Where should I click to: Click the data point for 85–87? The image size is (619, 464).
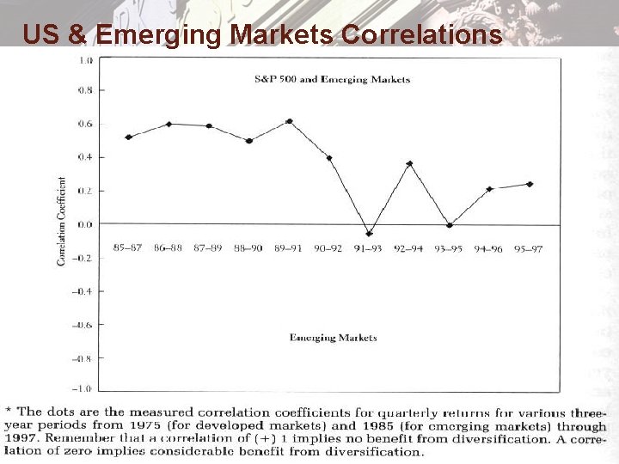[x=128, y=137]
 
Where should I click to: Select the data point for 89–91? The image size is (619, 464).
[x=289, y=121]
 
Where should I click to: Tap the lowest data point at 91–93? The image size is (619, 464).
[x=370, y=234]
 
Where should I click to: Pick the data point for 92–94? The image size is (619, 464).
[x=409, y=163]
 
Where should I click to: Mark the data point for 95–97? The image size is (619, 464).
[x=530, y=184]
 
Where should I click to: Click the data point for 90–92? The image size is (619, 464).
[x=329, y=158]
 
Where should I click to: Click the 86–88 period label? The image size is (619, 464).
[x=168, y=248]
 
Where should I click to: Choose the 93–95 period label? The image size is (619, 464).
[x=449, y=249]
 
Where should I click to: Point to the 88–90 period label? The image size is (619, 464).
[x=248, y=248]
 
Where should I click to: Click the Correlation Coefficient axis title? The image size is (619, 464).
[x=62, y=221]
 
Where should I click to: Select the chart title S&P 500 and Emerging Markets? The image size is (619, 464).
[x=332, y=79]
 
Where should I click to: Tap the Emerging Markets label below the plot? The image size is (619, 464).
[x=333, y=338]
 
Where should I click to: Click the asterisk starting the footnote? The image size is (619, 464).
[x=9, y=412]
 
